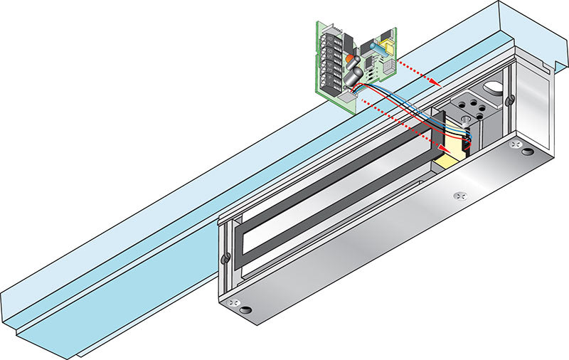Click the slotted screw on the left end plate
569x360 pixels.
pos(225,257)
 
